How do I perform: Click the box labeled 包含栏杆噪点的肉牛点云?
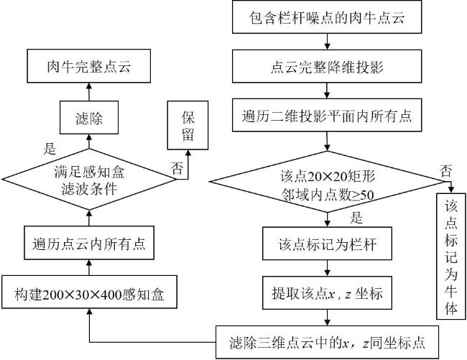point(327,17)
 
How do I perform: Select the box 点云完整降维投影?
point(327,66)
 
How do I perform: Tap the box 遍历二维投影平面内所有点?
point(327,115)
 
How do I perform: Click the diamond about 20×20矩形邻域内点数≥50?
point(328,182)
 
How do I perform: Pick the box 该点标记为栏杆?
point(327,244)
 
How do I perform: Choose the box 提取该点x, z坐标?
point(327,292)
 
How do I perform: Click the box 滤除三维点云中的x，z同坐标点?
point(327,342)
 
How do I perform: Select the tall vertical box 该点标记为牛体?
point(451,257)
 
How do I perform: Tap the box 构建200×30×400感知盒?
point(89,292)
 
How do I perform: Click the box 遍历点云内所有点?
point(89,243)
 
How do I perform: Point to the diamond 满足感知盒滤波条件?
point(89,180)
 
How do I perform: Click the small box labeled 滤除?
point(89,117)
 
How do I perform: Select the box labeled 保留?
point(188,125)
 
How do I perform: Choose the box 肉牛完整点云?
point(89,66)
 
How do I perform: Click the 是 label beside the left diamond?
point(50,148)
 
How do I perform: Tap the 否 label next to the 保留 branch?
point(177,168)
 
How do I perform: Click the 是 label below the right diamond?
point(356,218)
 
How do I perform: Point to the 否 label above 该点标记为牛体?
point(446,171)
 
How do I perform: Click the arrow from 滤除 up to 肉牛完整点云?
point(89,92)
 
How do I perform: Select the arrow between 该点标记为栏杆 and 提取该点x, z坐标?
point(328,268)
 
